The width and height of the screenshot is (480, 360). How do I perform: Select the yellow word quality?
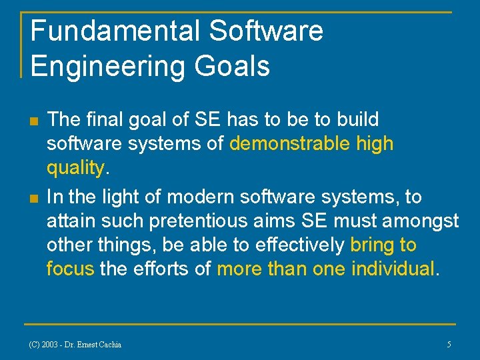(75, 168)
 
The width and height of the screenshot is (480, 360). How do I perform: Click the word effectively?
(291, 245)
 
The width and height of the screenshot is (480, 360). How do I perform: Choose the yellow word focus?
(70, 269)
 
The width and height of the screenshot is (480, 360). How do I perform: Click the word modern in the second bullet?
(197, 197)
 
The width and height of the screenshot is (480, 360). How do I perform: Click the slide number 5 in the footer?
(449, 345)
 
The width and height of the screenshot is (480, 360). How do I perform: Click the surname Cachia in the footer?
(107, 345)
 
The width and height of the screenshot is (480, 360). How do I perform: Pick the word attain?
(69, 221)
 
